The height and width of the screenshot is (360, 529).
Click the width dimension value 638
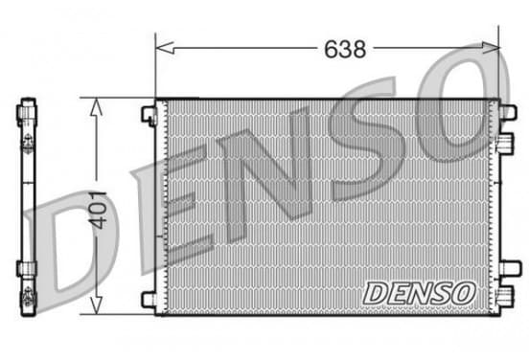[x=345, y=49]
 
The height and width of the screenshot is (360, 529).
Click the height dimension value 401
[x=97, y=210]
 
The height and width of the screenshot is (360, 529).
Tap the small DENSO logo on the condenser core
[x=420, y=293]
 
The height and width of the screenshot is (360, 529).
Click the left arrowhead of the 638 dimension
[x=165, y=48]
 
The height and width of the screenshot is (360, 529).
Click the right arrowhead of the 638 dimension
[x=491, y=48]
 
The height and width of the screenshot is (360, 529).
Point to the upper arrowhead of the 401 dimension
[x=97, y=107]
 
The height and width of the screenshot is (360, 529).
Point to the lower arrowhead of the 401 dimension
[x=97, y=305]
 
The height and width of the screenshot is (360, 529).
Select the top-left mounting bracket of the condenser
[x=149, y=116]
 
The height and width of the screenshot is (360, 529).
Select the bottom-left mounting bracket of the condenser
[x=149, y=300]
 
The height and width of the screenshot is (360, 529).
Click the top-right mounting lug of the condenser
[x=508, y=112]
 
